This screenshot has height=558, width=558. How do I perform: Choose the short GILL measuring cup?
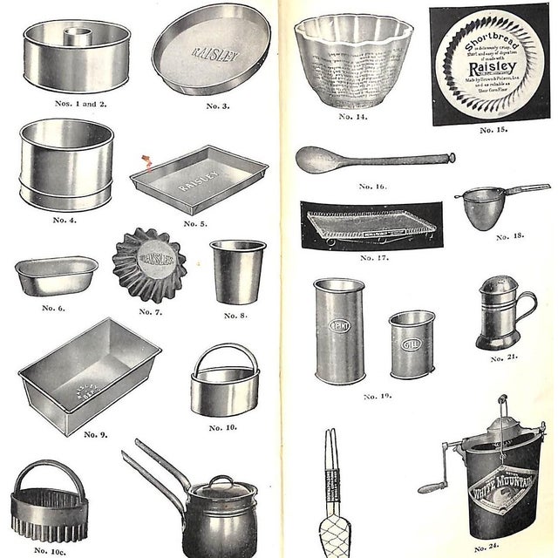pos(411,344)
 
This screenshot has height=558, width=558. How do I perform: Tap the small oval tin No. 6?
pos(56,275)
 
